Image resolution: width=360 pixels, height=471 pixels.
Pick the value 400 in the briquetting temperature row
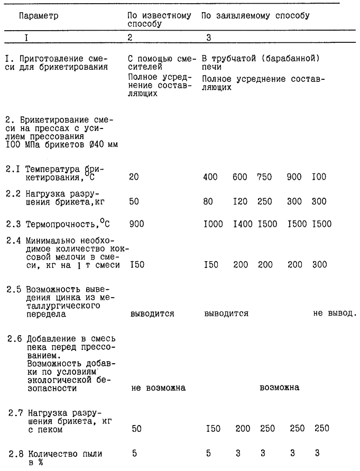[210, 177]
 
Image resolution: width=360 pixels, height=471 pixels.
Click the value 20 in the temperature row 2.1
[134, 177]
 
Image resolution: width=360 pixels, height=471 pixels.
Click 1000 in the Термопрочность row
[214, 224]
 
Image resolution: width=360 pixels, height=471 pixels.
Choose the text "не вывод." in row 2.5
[335, 313]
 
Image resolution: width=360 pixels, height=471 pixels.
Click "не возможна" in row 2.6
[158, 388]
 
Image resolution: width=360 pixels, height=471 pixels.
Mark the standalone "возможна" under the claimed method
[279, 388]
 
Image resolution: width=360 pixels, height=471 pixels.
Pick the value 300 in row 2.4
[319, 264]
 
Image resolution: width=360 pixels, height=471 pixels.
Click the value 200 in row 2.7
[243, 429]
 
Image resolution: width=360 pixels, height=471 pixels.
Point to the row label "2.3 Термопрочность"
[57, 224]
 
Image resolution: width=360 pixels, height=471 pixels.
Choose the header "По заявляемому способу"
[255, 16]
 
